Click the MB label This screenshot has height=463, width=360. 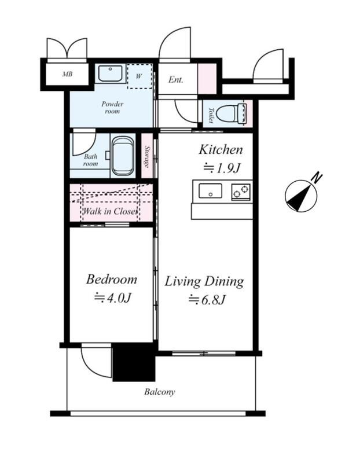[67, 74]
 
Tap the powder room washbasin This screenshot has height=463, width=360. [110, 74]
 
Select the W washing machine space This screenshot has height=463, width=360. [139, 76]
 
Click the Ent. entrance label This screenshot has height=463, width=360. [176, 79]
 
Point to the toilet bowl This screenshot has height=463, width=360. [231, 113]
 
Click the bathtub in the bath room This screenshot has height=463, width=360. [123, 156]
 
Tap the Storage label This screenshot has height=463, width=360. [147, 156]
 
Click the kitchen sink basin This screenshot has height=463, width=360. [210, 191]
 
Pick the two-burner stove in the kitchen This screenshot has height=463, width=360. [241, 192]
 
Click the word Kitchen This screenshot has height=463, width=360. [221, 150]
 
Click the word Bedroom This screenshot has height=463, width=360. [111, 279]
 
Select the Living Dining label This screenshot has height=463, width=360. [204, 281]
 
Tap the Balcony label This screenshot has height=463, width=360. [160, 392]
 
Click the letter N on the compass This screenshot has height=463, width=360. [318, 178]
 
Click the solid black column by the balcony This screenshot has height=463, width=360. [134, 362]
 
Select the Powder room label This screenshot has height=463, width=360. [112, 108]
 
